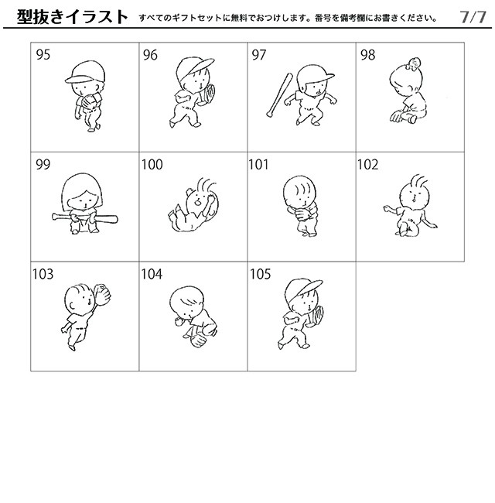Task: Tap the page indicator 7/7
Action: point(472,16)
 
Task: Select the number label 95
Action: point(43,54)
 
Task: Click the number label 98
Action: point(367,54)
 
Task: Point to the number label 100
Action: point(152,164)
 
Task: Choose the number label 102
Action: point(368,164)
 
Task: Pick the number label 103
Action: point(44,273)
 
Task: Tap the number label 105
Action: point(261,273)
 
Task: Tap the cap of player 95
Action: point(79,74)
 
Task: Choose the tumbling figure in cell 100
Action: point(193,205)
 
